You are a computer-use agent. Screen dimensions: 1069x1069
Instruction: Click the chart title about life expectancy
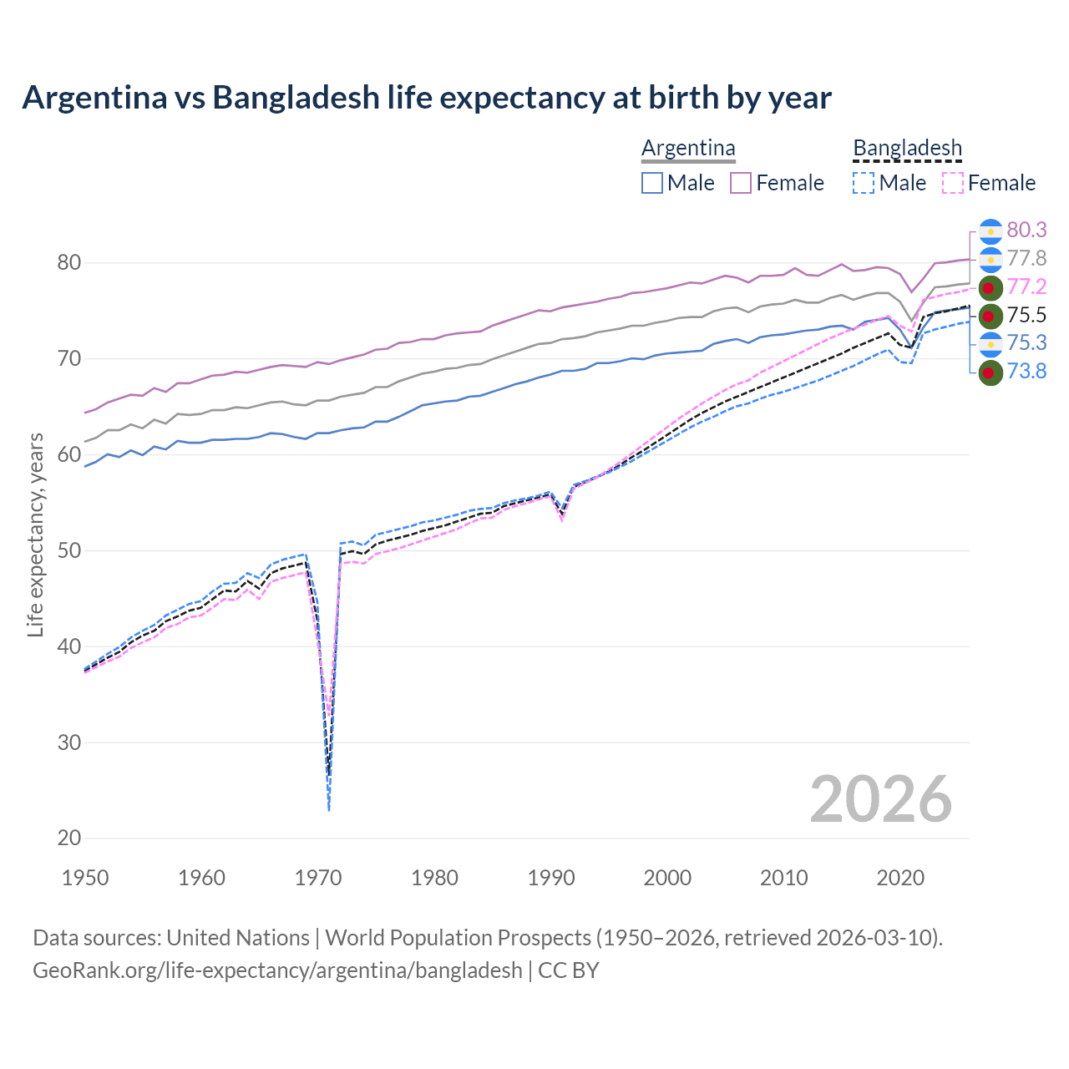[x=427, y=98]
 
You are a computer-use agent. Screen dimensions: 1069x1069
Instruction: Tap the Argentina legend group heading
[x=688, y=149]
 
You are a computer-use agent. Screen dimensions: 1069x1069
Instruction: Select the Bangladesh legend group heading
[x=907, y=149]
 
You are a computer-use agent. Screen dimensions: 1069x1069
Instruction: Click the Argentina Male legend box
[x=652, y=183]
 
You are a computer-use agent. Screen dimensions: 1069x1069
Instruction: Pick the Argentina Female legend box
[x=741, y=183]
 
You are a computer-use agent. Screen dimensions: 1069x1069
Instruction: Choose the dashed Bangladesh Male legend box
[x=864, y=183]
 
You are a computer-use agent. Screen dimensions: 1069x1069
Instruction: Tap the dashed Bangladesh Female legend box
[x=952, y=183]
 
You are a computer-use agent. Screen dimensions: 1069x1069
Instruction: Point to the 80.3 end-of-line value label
[x=1026, y=231]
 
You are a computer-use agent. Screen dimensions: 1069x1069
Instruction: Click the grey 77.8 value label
[x=1026, y=259]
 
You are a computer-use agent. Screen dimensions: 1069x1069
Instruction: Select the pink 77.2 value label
[x=1026, y=287]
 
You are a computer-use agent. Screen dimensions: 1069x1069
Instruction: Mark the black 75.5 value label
[x=1026, y=315]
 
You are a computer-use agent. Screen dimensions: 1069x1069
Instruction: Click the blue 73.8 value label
[x=1026, y=371]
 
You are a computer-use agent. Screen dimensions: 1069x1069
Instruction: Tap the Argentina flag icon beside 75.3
[x=990, y=343]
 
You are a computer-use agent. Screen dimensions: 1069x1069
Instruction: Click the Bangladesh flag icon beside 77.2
[x=990, y=287]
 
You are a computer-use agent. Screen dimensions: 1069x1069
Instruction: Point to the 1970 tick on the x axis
[x=318, y=878]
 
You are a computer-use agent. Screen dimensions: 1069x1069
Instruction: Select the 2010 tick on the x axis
[x=783, y=878]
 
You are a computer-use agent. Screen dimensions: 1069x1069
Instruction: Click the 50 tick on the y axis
[x=69, y=551]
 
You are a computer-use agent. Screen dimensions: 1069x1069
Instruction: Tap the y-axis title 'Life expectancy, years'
[x=35, y=534]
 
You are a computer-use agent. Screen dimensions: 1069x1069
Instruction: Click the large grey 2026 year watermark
[x=881, y=799]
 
